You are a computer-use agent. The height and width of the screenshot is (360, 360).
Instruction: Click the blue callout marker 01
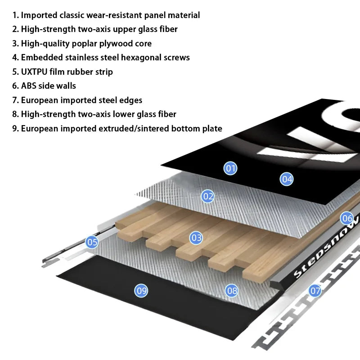230,169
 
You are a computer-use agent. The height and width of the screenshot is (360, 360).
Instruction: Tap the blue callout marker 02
207,196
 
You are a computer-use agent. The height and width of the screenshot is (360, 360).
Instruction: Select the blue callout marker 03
196,238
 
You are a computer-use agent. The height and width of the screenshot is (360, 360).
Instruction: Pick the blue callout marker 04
287,179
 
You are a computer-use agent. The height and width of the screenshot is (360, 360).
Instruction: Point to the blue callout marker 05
92,242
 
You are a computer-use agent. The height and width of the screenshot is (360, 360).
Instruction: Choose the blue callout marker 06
347,219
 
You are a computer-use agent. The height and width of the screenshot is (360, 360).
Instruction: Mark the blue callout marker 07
315,291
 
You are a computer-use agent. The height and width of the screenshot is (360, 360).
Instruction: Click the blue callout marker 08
232,291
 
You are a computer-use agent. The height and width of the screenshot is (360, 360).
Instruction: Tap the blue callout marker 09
141,291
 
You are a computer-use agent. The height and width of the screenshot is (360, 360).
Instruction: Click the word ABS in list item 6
29,86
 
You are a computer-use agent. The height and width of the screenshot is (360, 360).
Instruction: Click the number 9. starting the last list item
15,128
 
